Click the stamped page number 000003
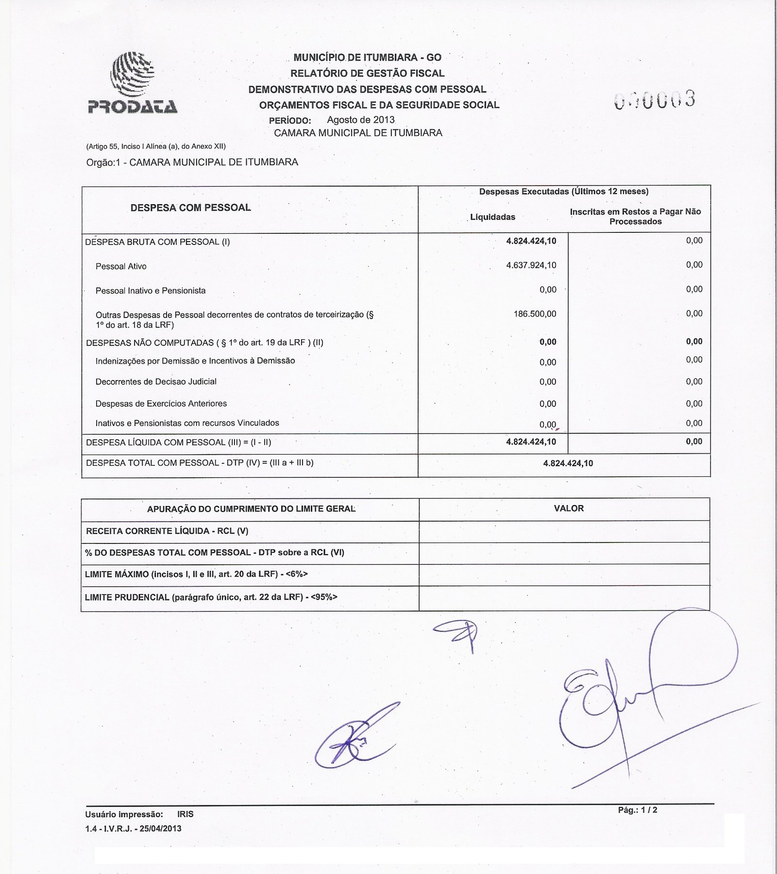click(655, 100)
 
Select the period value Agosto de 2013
click(360, 120)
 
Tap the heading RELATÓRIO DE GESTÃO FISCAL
click(367, 73)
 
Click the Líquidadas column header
click(492, 217)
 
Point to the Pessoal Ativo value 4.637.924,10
click(531, 265)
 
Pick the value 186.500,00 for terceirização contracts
click(535, 314)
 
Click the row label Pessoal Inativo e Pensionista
click(151, 291)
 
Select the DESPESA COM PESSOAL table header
click(190, 208)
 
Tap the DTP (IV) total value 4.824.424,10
click(568, 463)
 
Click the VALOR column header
click(568, 508)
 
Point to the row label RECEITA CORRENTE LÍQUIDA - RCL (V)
click(167, 531)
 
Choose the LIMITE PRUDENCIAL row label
click(211, 597)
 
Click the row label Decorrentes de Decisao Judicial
click(156, 382)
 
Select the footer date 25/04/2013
click(160, 829)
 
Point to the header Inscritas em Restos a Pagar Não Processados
click(635, 216)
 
